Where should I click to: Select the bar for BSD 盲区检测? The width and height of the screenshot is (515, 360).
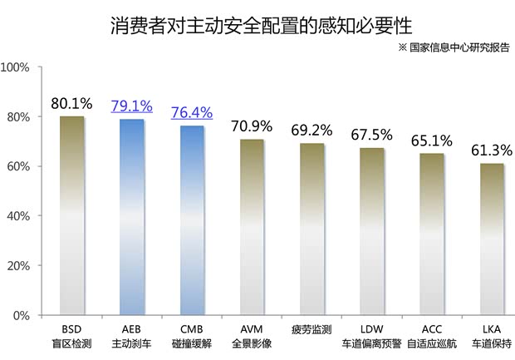click(x=72, y=216)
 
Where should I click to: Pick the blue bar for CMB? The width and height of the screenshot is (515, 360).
click(x=192, y=221)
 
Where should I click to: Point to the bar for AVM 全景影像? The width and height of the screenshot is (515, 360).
click(x=253, y=228)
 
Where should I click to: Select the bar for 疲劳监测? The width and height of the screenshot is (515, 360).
click(x=312, y=229)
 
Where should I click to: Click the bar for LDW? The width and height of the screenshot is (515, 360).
click(x=372, y=232)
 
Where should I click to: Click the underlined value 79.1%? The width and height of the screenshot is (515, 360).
click(x=132, y=106)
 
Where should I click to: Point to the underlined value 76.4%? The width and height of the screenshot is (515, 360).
click(x=192, y=113)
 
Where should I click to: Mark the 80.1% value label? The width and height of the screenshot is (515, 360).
click(x=72, y=104)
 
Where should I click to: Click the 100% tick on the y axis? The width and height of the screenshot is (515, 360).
click(x=17, y=67)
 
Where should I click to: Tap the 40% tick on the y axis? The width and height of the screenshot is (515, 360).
click(x=19, y=216)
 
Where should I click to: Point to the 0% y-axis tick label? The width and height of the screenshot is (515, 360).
click(x=22, y=316)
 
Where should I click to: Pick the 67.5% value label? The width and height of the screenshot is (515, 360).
click(x=372, y=135)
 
